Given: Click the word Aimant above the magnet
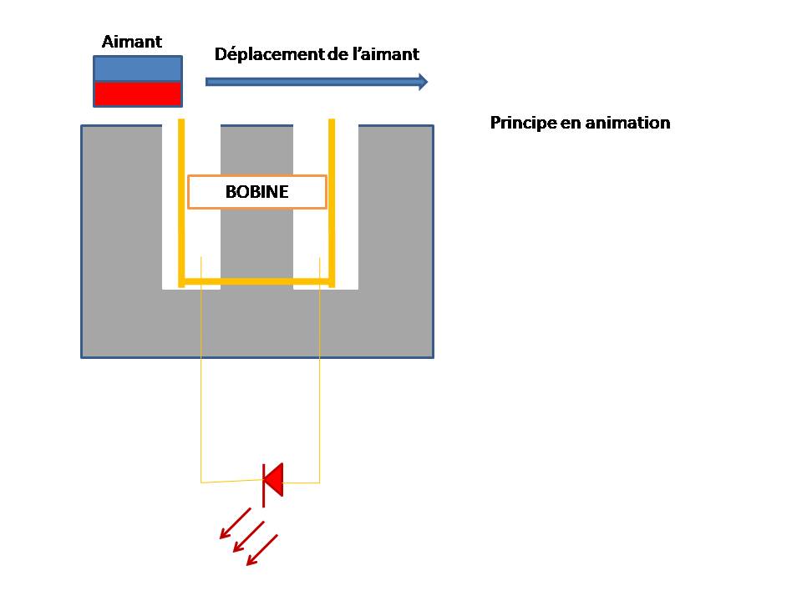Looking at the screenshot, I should (x=132, y=42).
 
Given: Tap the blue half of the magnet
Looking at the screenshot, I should (x=138, y=68).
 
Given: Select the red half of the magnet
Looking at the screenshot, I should (x=138, y=93).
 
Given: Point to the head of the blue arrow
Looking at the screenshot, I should (x=422, y=81).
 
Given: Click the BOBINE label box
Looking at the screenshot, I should (x=256, y=192).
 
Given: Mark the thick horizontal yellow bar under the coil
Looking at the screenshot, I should (x=256, y=282).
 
